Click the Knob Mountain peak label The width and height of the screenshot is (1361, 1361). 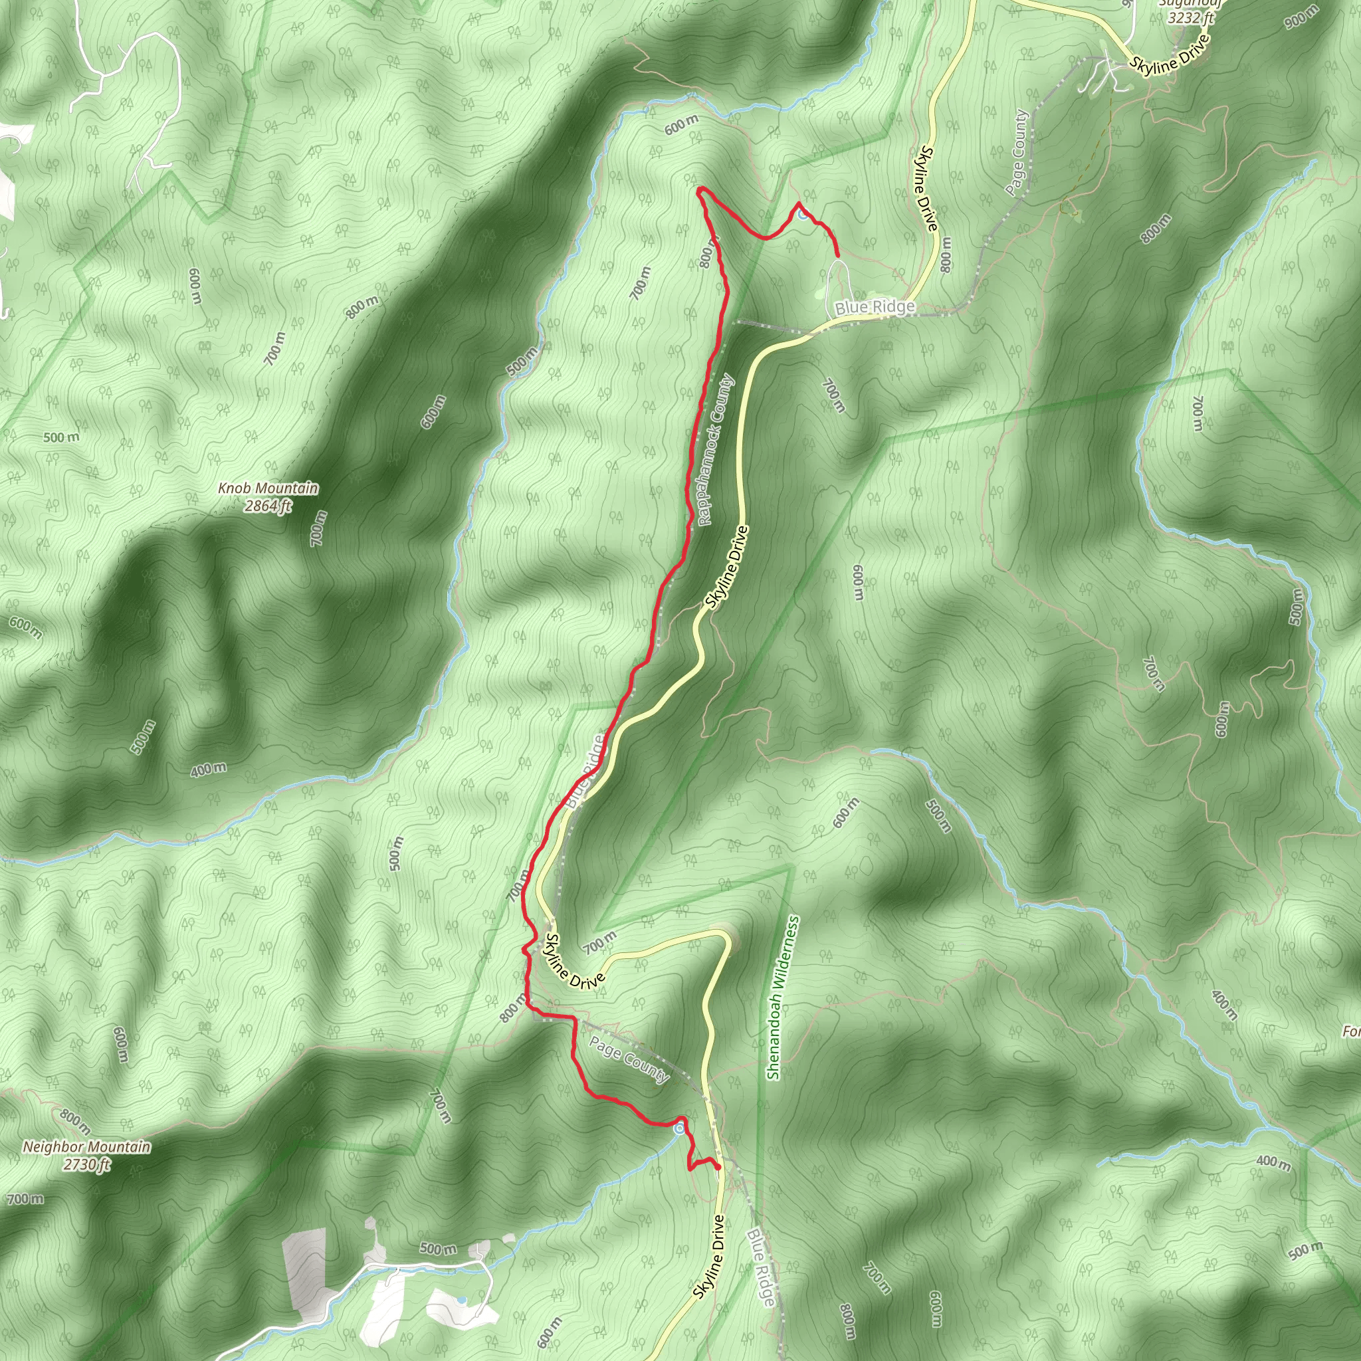coord(268,488)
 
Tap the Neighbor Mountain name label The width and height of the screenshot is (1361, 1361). coord(86,1147)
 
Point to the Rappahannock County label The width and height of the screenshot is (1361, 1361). coord(717,451)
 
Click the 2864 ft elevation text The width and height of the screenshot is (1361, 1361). coord(268,506)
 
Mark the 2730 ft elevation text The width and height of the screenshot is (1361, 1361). coord(86,1164)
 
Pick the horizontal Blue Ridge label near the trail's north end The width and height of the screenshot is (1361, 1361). coord(875,307)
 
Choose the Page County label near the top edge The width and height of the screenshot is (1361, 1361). coord(1017,152)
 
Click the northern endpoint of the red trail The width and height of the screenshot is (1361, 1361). coord(837,255)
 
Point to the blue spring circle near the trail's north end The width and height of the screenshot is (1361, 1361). coord(803,215)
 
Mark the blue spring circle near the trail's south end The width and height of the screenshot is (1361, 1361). coord(679,1129)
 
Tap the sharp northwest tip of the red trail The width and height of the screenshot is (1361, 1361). coord(699,189)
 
